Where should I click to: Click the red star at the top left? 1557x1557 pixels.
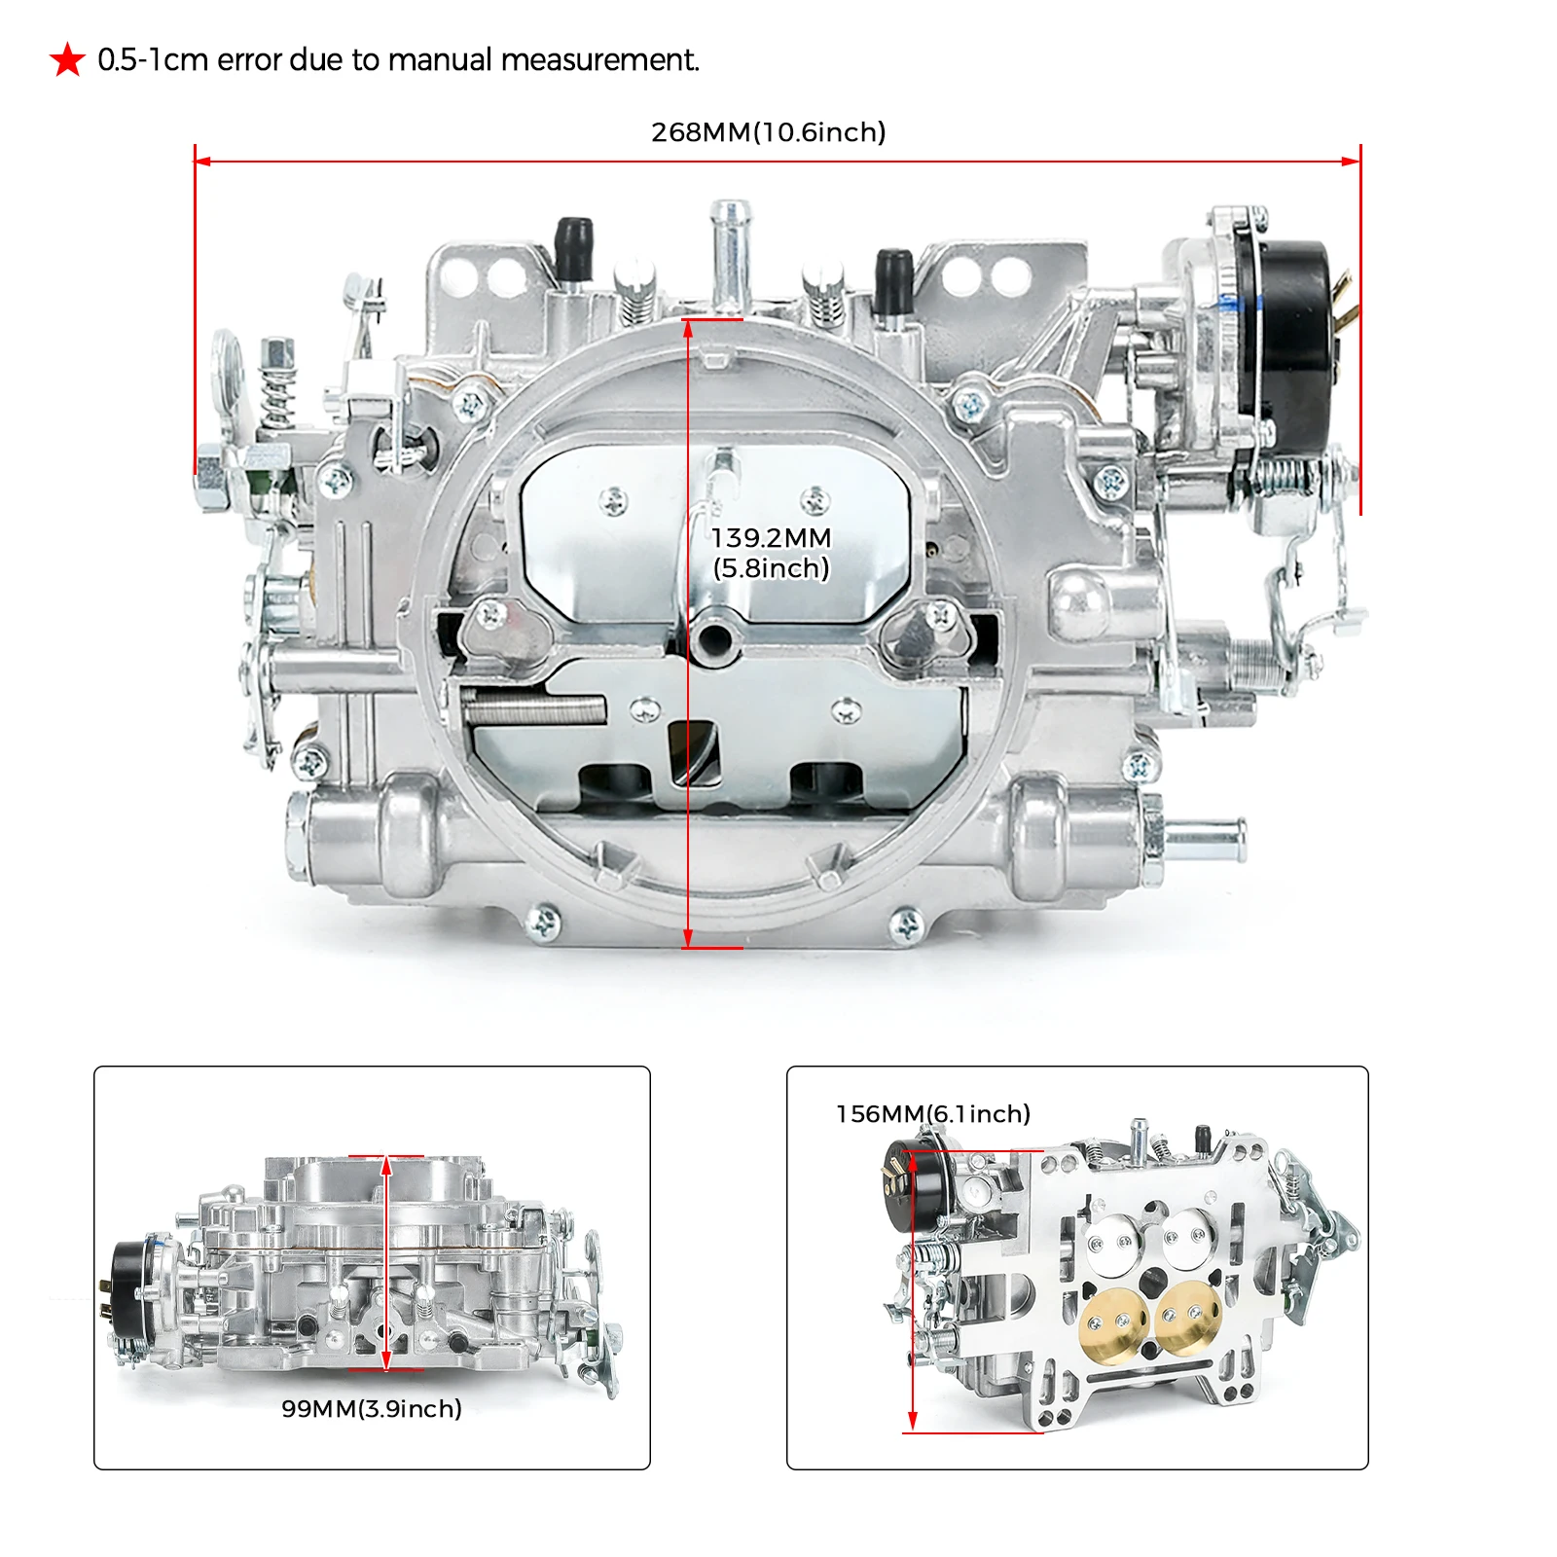(x=68, y=60)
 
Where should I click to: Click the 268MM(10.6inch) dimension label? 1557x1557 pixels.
(x=768, y=132)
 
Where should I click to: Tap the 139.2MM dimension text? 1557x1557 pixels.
(x=771, y=538)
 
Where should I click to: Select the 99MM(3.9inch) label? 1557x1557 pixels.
(x=371, y=1408)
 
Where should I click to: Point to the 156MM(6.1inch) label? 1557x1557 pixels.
(x=932, y=1113)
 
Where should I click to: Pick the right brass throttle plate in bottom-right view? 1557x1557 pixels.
(x=1189, y=1317)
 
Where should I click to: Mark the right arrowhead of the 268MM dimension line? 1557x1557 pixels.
(x=1352, y=162)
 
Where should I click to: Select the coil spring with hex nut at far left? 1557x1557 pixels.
(x=278, y=384)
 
